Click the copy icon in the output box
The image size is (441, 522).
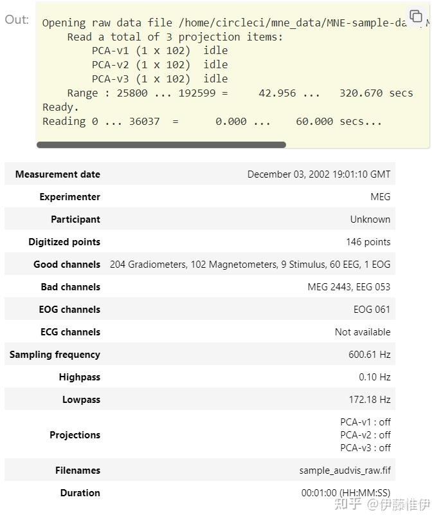[416, 16]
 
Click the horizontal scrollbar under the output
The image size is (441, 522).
[161, 145]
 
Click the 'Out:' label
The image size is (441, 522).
[17, 19]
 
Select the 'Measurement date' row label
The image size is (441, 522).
[58, 174]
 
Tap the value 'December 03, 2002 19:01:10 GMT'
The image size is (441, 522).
[318, 174]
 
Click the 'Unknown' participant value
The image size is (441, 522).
[370, 219]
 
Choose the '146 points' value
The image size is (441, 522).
[368, 242]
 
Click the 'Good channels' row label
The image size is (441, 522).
[67, 265]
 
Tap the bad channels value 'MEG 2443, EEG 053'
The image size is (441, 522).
[348, 287]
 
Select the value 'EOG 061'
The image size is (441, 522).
[372, 310]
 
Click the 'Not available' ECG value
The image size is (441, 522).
[362, 332]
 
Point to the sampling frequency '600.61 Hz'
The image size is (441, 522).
[369, 355]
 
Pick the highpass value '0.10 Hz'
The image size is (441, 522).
[374, 377]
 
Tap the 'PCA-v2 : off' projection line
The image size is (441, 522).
[365, 435]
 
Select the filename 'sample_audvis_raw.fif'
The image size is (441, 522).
[345, 471]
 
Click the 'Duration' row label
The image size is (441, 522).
[80, 493]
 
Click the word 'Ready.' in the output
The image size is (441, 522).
[60, 107]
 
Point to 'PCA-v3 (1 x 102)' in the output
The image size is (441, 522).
[141, 79]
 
